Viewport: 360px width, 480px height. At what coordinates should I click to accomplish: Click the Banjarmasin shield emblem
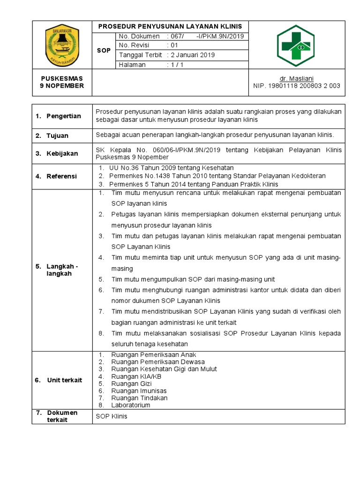[x=62, y=45]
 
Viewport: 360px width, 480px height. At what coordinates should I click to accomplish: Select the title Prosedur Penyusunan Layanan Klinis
[x=170, y=27]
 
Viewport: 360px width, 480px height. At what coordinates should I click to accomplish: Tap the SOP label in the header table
[x=104, y=50]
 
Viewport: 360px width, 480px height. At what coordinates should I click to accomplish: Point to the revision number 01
[x=174, y=45]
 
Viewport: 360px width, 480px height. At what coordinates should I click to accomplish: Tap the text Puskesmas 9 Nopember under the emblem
[x=62, y=82]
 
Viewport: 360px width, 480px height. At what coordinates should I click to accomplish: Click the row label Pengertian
[x=63, y=116]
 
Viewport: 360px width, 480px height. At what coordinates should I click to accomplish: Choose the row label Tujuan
[x=57, y=135]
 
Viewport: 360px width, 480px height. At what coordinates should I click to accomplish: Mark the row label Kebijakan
[x=62, y=154]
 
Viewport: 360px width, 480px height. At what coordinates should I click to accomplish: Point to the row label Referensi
[x=61, y=176]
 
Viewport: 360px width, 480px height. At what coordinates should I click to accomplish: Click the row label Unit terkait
[x=64, y=380]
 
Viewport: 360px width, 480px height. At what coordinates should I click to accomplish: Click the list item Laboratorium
[x=130, y=405]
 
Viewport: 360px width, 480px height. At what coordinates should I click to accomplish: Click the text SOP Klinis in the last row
[x=111, y=416]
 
